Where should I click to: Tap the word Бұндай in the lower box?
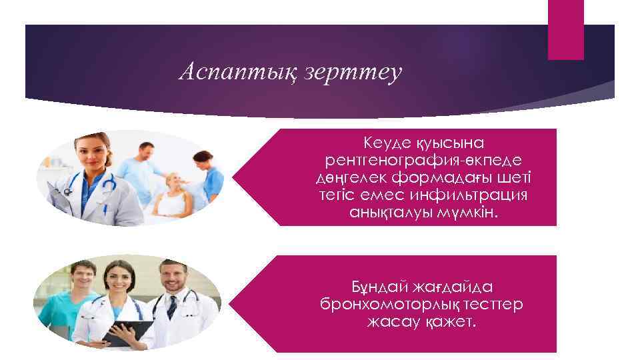pyautogui.click(x=381, y=287)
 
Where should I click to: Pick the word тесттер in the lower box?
pyautogui.click(x=497, y=305)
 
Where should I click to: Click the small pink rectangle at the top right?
pyautogui.click(x=565, y=29)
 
